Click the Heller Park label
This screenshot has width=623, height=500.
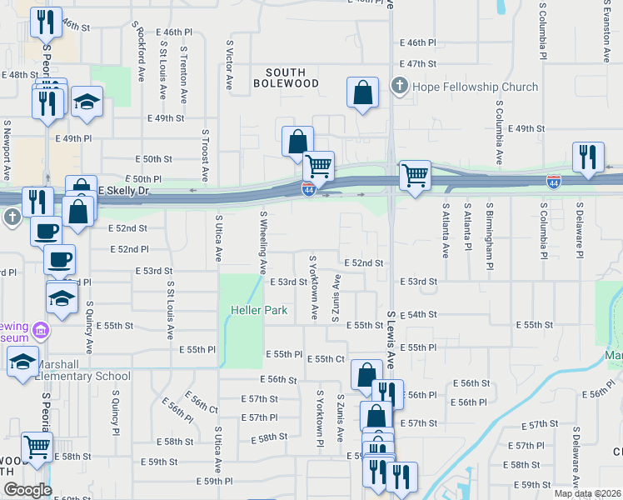pyautogui.click(x=258, y=311)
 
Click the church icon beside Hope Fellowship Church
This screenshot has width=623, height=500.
pyautogui.click(x=399, y=87)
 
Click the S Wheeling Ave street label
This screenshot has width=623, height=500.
pyautogui.click(x=263, y=242)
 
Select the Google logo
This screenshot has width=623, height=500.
pyautogui.click(x=27, y=489)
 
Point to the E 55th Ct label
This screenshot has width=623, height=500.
pyautogui.click(x=326, y=358)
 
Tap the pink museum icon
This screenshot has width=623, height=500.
pyautogui.click(x=40, y=332)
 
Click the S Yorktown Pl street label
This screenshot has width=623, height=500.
pyautogui.click(x=319, y=417)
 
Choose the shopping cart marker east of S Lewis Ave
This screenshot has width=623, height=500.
pyautogui.click(x=415, y=176)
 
